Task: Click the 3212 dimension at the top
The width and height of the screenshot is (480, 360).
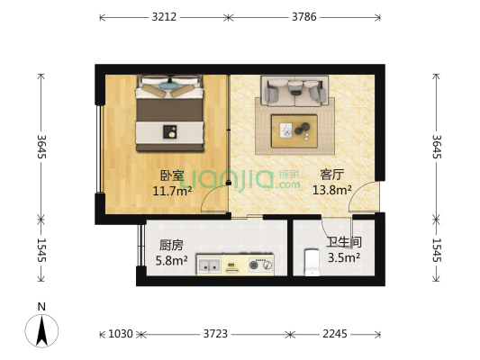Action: click(164, 16)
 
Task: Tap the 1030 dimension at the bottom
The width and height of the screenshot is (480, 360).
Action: click(120, 334)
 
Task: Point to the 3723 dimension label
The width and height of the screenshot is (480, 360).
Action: click(214, 334)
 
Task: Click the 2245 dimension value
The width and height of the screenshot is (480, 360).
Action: click(335, 334)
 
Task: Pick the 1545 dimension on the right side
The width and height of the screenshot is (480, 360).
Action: click(437, 248)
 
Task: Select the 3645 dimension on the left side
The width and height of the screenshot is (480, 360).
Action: click(41, 148)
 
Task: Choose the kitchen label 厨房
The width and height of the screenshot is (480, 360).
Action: click(171, 245)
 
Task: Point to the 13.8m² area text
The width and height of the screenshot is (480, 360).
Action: click(331, 190)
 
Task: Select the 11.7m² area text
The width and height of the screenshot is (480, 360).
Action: click(172, 190)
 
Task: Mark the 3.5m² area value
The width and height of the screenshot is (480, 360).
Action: click(343, 256)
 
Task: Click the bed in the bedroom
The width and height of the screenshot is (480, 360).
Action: click(169, 114)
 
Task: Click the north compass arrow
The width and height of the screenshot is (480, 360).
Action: click(41, 330)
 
